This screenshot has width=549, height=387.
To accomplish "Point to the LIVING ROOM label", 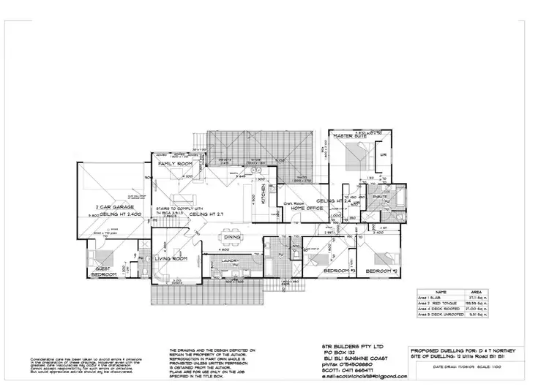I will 172,259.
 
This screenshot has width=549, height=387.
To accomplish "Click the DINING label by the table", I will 234,237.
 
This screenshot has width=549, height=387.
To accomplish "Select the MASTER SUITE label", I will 349,136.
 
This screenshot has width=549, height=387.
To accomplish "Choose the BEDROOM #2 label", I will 381,271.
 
